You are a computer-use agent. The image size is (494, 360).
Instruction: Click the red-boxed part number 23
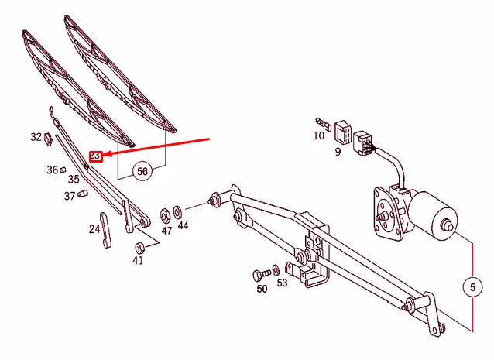95,156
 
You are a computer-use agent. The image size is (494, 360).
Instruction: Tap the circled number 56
142,172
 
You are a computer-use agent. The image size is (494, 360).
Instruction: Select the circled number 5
471,288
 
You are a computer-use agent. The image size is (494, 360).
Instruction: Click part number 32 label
36,137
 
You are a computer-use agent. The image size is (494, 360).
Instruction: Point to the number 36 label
52,170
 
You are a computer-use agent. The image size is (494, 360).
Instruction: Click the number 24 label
94,228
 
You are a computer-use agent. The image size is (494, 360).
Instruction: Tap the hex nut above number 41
139,247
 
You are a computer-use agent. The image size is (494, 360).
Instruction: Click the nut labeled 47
165,213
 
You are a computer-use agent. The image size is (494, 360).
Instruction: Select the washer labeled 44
179,211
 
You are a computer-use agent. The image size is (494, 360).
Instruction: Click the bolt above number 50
259,275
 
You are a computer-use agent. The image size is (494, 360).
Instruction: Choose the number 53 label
282,283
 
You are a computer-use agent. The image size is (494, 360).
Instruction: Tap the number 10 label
319,135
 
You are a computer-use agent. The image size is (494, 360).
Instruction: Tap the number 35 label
73,179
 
